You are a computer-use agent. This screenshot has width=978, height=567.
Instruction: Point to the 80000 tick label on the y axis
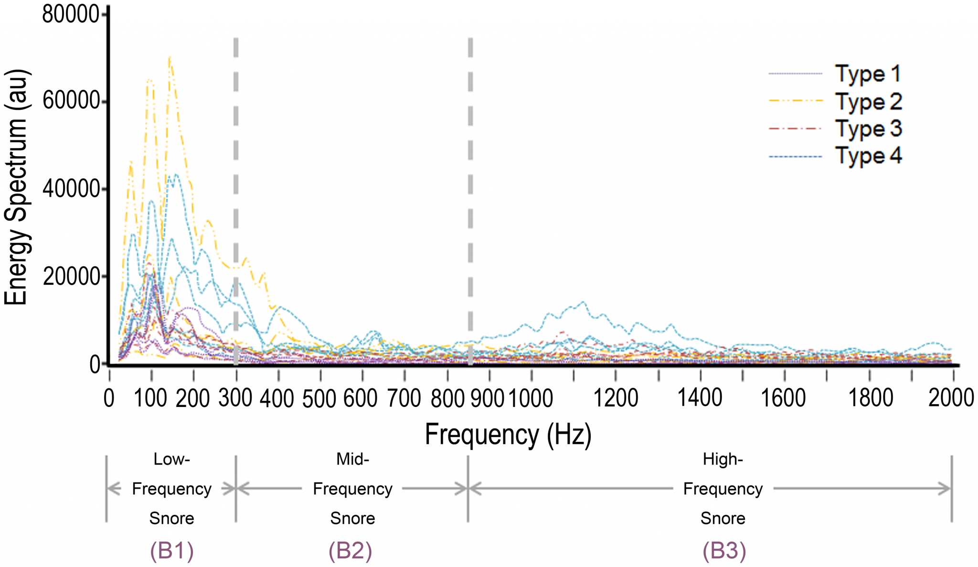click(x=71, y=14)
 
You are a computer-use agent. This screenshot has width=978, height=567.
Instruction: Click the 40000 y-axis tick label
click(x=71, y=189)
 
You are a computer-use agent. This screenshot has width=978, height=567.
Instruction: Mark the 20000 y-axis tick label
click(x=71, y=277)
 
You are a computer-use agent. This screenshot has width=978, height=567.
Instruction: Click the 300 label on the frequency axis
click(x=235, y=397)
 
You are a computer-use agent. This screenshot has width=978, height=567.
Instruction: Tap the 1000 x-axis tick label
click(x=531, y=397)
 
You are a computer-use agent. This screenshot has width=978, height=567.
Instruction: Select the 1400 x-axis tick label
click(x=700, y=397)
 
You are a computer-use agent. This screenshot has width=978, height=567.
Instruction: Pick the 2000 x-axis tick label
click(x=951, y=397)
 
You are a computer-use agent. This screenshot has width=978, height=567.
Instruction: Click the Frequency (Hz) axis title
click(x=508, y=434)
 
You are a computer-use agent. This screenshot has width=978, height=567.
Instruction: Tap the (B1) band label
click(x=172, y=551)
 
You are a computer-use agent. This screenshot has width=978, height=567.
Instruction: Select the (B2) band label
click(x=350, y=551)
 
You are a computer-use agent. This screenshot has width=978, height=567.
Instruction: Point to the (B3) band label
click(x=724, y=551)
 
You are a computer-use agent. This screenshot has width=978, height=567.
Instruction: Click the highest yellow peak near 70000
click(x=170, y=57)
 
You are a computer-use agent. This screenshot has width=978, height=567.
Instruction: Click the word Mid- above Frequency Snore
click(x=352, y=459)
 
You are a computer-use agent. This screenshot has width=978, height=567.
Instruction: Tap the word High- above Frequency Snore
click(x=723, y=459)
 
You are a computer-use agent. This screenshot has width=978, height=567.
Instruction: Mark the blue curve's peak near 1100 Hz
click(x=583, y=302)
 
